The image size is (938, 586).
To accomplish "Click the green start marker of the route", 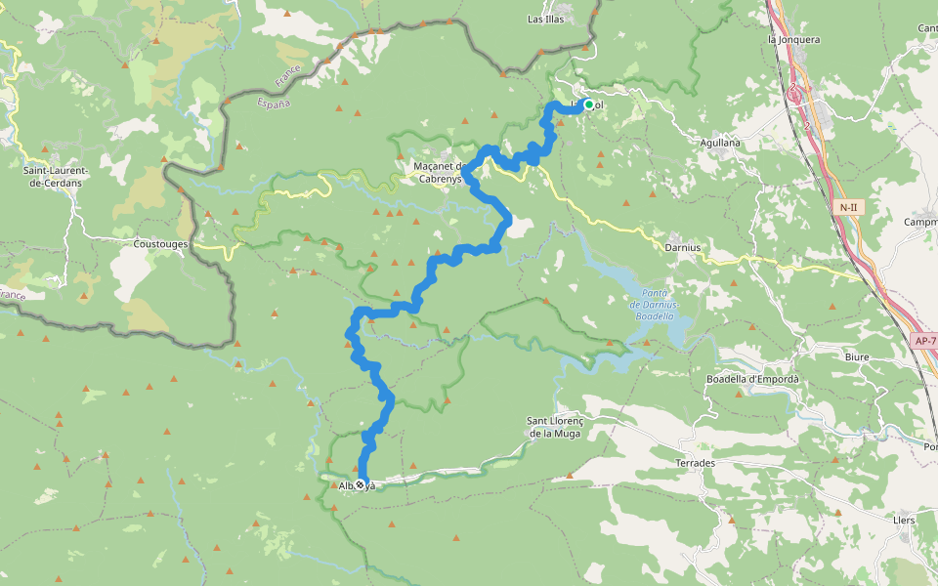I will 588,105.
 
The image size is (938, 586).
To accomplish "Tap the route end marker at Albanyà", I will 361,484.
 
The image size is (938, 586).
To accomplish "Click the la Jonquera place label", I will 793,40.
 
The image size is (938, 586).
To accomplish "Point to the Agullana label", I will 720,143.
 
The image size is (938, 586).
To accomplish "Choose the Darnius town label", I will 683,247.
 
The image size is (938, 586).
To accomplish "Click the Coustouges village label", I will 160,243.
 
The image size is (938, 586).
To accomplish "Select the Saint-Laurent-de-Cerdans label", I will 56,176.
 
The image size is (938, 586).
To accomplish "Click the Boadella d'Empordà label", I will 751,379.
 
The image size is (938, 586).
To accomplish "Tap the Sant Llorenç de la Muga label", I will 554,427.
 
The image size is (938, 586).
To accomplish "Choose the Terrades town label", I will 695,462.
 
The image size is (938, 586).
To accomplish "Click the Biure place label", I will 856,357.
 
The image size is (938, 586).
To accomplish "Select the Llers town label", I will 904,521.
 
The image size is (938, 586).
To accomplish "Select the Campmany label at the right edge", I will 920,222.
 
